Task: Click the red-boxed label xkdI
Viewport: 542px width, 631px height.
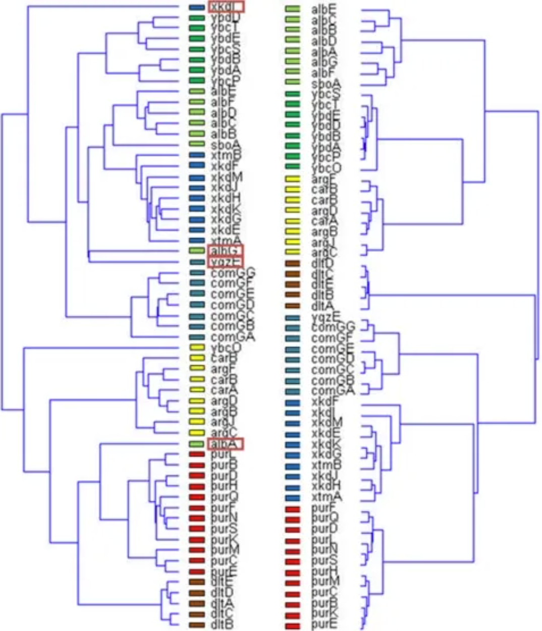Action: coord(226,7)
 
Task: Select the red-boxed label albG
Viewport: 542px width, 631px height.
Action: coord(225,250)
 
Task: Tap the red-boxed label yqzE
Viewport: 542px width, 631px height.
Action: coord(225,261)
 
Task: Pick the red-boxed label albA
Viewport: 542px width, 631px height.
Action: coord(225,443)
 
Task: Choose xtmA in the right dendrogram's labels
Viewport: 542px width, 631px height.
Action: coord(327,497)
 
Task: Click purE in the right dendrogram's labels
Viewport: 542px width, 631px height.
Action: coord(324,625)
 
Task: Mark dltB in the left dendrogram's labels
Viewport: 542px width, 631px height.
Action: coord(221,624)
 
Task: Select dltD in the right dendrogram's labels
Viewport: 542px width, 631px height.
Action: coord(323,263)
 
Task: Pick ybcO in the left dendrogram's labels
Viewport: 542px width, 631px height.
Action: coord(226,348)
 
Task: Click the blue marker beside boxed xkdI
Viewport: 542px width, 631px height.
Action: coord(196,8)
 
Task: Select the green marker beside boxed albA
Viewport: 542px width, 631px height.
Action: coord(196,444)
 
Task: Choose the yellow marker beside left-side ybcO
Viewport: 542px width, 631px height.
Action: coord(196,348)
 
